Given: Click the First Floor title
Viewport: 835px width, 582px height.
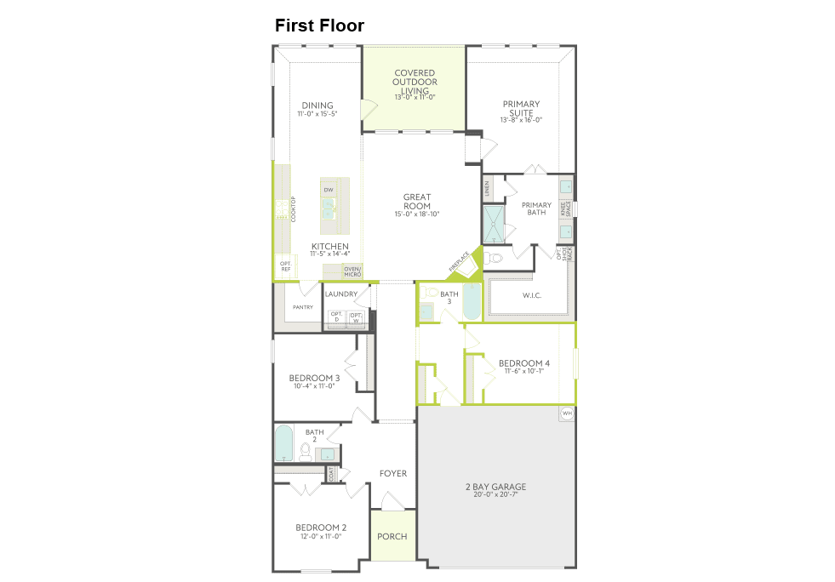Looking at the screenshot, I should (319, 26).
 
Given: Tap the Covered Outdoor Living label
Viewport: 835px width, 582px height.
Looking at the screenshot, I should (415, 82).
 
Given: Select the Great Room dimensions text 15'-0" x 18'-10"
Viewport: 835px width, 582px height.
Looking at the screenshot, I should (417, 214).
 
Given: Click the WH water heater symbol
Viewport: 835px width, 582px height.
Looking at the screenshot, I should (567, 414).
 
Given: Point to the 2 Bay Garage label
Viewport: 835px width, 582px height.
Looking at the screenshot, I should (495, 487).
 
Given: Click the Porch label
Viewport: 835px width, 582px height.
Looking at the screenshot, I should (392, 536).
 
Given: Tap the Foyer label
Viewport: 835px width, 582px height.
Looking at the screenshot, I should (393, 473).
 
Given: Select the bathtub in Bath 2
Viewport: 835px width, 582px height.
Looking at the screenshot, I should (284, 442).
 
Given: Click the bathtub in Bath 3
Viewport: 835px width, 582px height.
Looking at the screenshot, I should (471, 303).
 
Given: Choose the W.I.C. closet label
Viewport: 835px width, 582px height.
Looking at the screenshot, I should (532, 295).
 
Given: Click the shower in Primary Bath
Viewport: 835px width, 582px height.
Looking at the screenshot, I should (494, 224).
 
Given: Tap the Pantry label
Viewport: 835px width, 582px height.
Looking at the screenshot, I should (303, 307).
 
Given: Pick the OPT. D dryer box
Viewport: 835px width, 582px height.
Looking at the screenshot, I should (336, 318).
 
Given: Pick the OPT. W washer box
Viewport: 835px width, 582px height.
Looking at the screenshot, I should (357, 318).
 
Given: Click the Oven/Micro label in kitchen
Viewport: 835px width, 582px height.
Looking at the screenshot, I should (352, 271).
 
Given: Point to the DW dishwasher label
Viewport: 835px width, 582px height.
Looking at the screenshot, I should (328, 189).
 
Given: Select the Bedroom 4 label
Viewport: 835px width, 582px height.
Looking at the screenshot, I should (523, 363).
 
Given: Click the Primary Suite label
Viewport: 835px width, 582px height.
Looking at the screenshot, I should (521, 108).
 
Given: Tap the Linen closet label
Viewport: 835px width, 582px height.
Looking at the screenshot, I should (487, 187).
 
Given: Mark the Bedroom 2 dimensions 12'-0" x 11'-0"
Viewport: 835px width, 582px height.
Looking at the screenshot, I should (320, 536).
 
